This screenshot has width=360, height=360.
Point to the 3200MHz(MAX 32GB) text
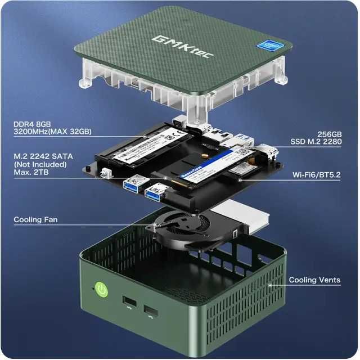[x=53, y=132]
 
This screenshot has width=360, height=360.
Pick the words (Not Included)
[x=40, y=164]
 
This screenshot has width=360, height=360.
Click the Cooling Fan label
[x=35, y=219]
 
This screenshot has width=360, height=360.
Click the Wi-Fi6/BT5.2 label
[x=317, y=175]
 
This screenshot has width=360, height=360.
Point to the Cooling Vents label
[x=314, y=280]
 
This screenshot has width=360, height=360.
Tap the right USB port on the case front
[x=151, y=311]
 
